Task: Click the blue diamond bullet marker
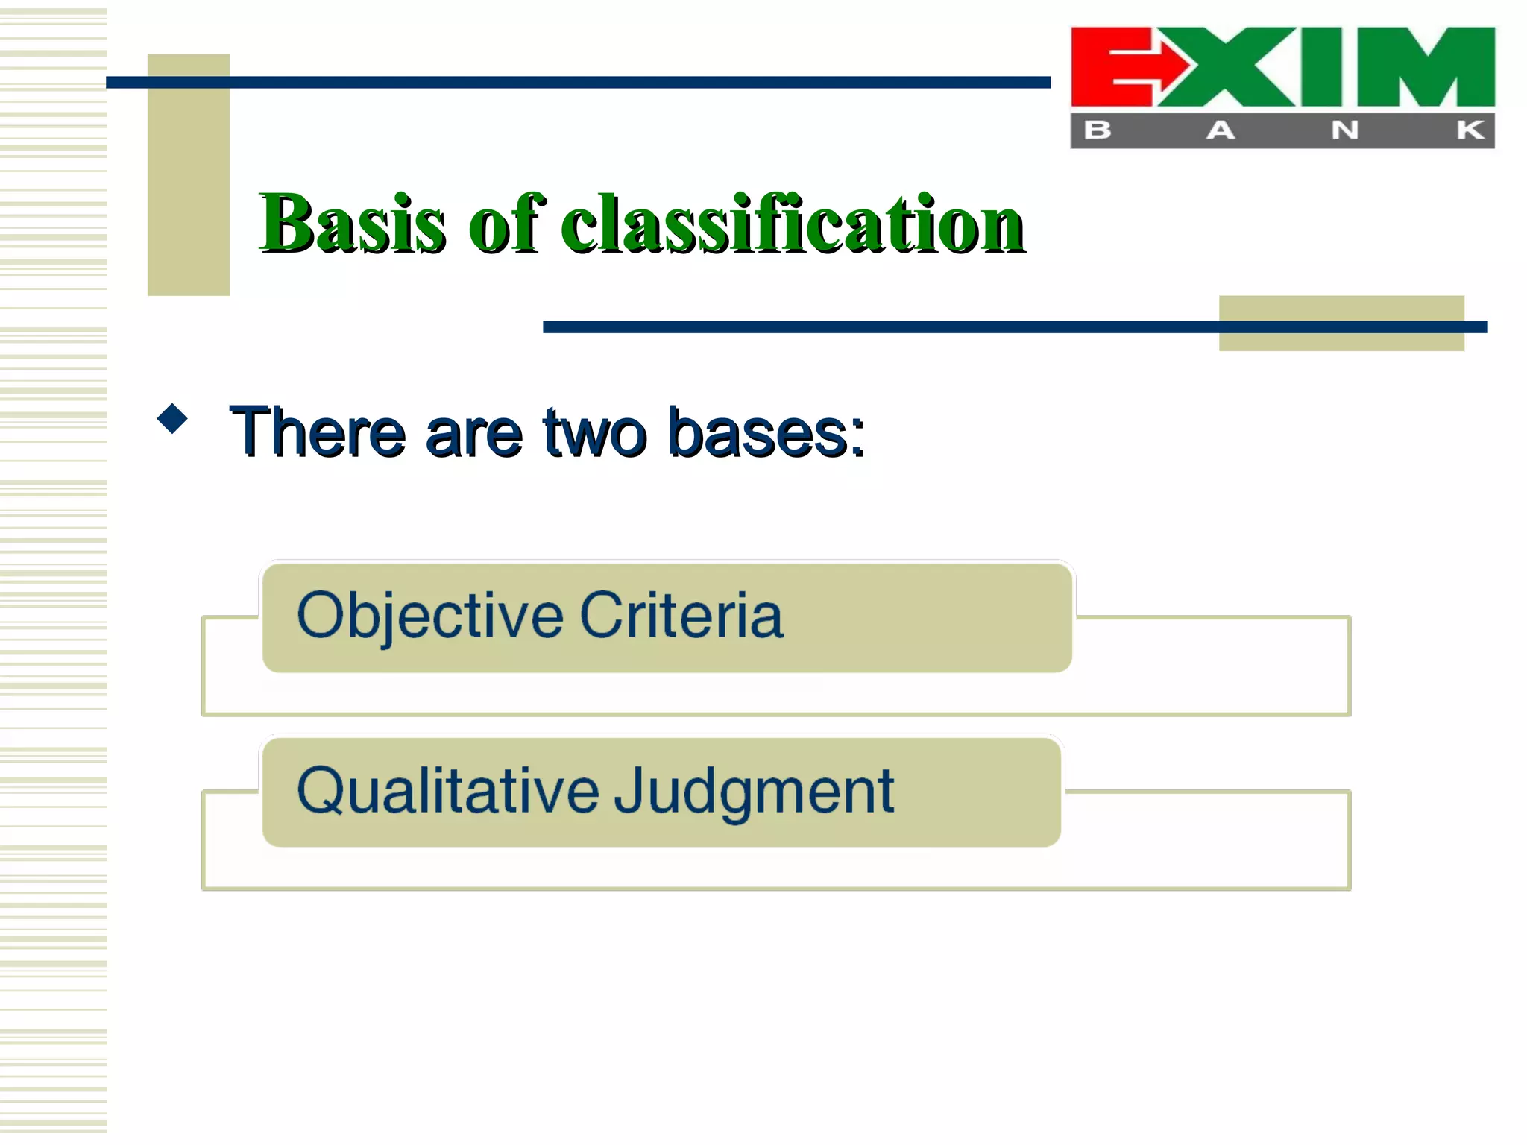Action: pyautogui.click(x=172, y=419)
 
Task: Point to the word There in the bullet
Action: pyautogui.click(x=318, y=432)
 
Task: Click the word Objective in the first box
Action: pyautogui.click(x=429, y=616)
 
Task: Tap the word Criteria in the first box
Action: pyautogui.click(x=681, y=616)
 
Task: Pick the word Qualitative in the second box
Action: pyautogui.click(x=447, y=792)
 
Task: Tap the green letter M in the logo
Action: pyautogui.click(x=1426, y=67)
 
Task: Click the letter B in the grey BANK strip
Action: pyautogui.click(x=1098, y=130)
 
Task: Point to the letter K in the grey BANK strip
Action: pyautogui.click(x=1470, y=130)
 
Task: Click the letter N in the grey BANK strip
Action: pyautogui.click(x=1345, y=130)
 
